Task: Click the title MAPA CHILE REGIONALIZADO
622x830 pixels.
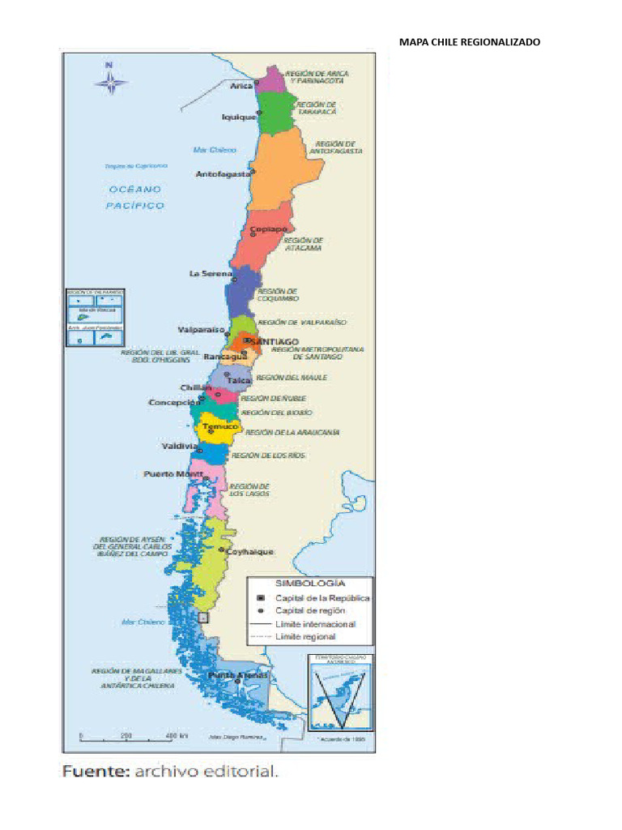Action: (x=469, y=41)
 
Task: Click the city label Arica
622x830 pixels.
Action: (x=241, y=85)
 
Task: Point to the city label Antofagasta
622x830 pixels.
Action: (x=223, y=173)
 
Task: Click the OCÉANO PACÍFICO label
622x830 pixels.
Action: (x=134, y=197)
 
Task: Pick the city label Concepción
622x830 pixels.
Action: (x=173, y=402)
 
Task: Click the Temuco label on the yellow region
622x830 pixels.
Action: (x=219, y=426)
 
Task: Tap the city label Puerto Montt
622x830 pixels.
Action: (x=173, y=473)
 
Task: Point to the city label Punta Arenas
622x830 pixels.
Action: (x=237, y=675)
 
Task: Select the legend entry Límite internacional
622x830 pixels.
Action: (x=315, y=624)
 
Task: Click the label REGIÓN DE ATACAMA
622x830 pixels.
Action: (x=304, y=244)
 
